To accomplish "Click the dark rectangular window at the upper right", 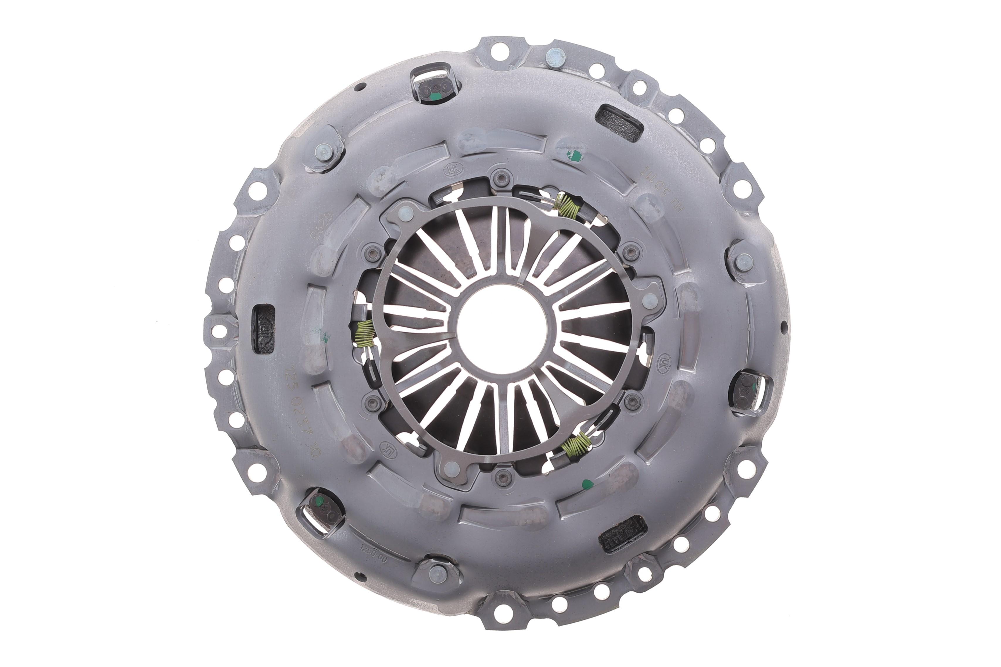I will tap(619, 122).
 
